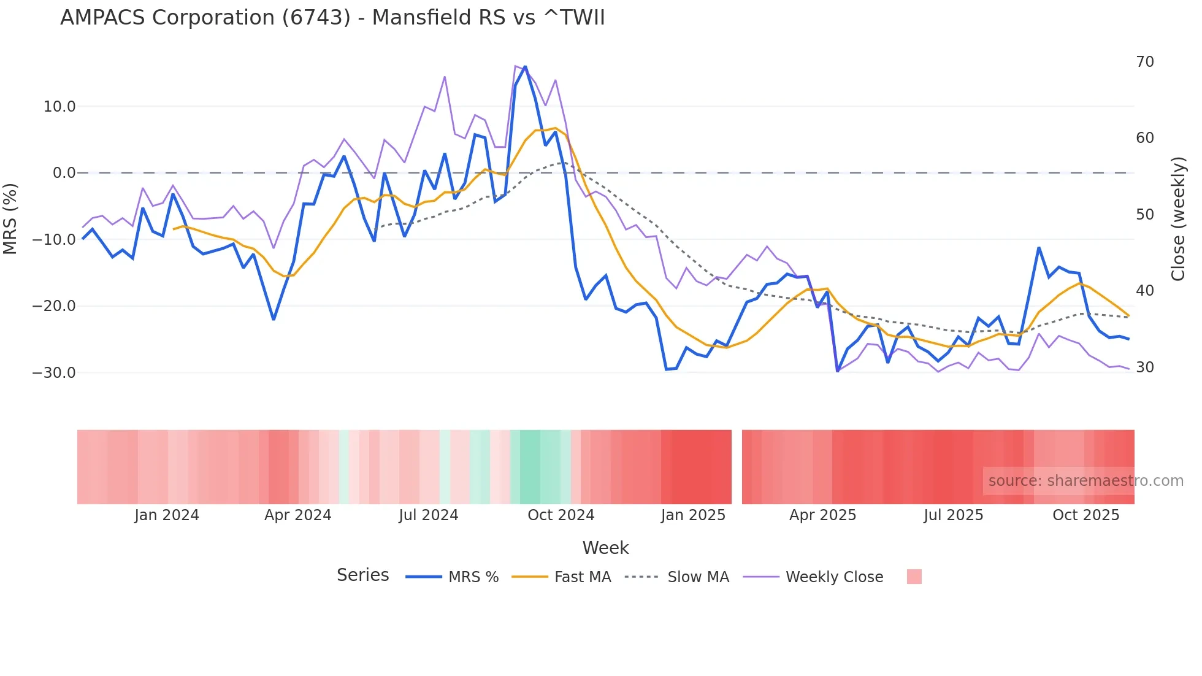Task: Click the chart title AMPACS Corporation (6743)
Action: [x=332, y=18]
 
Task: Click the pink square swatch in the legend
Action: [x=914, y=577]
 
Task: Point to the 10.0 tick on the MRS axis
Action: [x=59, y=107]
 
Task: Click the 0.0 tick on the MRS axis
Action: [x=64, y=173]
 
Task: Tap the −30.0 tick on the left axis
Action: [x=54, y=373]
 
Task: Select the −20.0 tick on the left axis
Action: [x=54, y=306]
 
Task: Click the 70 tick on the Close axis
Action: [x=1145, y=62]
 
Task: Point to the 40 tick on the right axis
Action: [x=1145, y=291]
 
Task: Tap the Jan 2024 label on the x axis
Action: [x=167, y=515]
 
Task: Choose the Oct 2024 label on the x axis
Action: [x=561, y=515]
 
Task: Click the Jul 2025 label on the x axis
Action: [x=954, y=515]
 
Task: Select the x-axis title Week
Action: [x=605, y=548]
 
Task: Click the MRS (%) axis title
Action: [x=10, y=218]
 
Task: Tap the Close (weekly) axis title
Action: [x=1178, y=219]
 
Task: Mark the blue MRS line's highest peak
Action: [x=525, y=67]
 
